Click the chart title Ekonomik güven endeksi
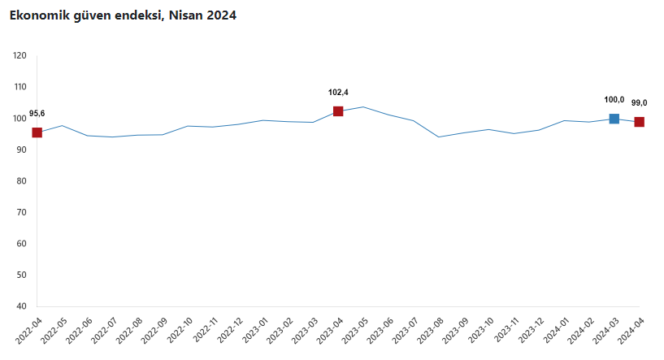coord(123,15)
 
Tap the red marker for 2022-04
coord(37,132)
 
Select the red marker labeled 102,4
coord(338,111)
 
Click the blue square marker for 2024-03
coord(614,119)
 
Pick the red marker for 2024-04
coord(640,122)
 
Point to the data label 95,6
coord(37,113)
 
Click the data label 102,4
coord(338,92)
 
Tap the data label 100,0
coord(614,99)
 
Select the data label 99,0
coord(640,102)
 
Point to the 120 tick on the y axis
coord(20,56)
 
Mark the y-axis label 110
coord(20,87)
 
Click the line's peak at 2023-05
coord(363,106)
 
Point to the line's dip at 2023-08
coord(439,137)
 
